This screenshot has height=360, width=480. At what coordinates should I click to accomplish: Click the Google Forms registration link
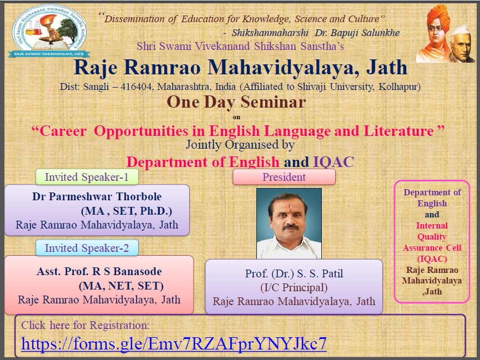pyautogui.click(x=174, y=343)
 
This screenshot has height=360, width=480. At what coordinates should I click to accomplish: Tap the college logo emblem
pyautogui.click(x=49, y=31)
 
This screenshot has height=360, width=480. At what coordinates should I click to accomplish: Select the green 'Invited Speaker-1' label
pyautogui.click(x=87, y=177)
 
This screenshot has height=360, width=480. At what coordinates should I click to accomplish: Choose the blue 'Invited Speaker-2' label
pyautogui.click(x=87, y=248)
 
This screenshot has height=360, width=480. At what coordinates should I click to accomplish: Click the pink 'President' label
pyautogui.click(x=284, y=177)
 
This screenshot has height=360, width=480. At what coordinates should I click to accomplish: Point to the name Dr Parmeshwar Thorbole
pyautogui.click(x=97, y=196)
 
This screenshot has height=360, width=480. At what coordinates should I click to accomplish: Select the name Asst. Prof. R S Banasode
pyautogui.click(x=99, y=271)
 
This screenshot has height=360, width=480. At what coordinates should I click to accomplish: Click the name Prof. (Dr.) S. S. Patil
pyautogui.click(x=294, y=273)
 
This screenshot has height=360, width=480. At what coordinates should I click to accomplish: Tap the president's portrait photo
pyautogui.click(x=289, y=224)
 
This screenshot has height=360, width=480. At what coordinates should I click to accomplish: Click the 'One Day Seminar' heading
pyautogui.click(x=236, y=102)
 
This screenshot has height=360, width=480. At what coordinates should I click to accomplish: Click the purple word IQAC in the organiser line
pyautogui.click(x=334, y=162)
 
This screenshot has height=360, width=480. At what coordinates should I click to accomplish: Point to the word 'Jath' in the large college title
pyautogui.click(x=387, y=67)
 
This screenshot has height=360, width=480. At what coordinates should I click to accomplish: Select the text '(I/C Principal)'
pyautogui.click(x=294, y=287)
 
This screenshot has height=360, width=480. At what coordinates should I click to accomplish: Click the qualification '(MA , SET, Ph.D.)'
pyautogui.click(x=127, y=211)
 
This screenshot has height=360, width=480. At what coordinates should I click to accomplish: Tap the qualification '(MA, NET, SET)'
pyautogui.click(x=121, y=286)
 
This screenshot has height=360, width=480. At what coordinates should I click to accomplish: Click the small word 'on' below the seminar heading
pyautogui.click(x=236, y=117)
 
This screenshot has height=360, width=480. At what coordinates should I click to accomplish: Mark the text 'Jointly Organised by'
pyautogui.click(x=240, y=144)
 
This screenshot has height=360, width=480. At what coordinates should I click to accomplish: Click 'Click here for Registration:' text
pyautogui.click(x=85, y=325)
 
